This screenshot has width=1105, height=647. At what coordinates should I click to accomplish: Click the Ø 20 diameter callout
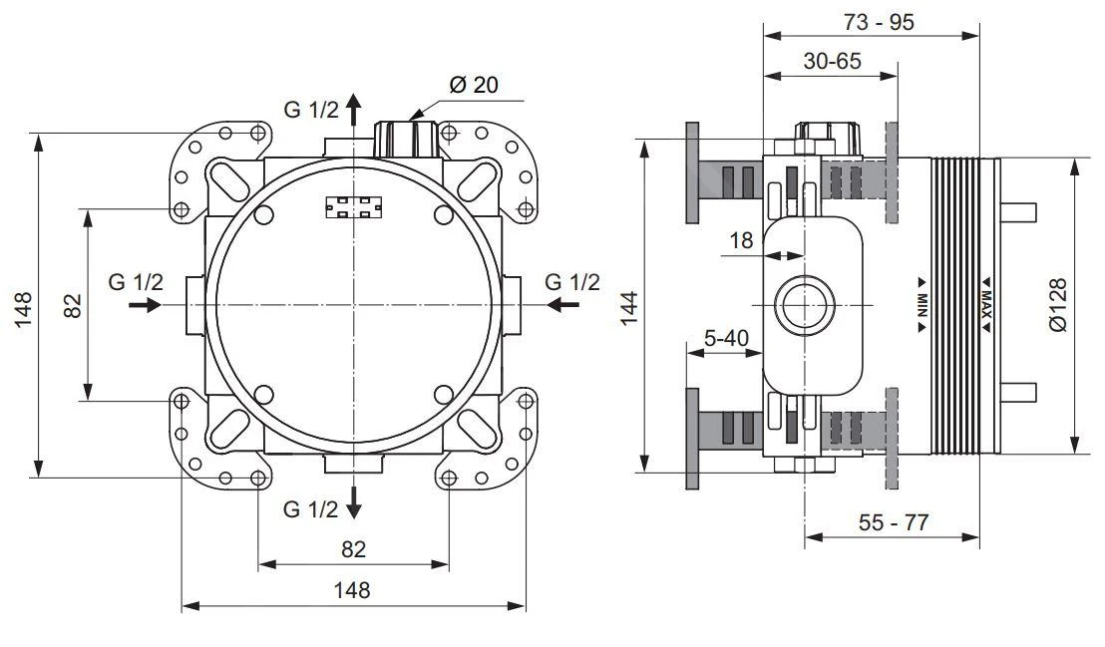point(474,85)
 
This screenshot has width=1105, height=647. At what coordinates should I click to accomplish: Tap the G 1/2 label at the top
point(311,110)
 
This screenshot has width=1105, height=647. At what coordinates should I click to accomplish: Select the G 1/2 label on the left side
point(136,282)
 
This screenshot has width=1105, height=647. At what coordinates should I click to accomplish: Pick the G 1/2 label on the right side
point(572,282)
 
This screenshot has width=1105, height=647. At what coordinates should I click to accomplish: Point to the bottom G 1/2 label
point(311,509)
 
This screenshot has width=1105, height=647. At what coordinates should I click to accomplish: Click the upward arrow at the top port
point(355,110)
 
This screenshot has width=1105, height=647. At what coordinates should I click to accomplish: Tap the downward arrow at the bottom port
point(355,505)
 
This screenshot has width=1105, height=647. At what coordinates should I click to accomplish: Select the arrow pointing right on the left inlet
point(145,304)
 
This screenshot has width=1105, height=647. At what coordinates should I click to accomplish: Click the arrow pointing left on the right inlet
point(563,304)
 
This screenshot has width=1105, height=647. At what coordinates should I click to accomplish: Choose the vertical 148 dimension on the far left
point(24,307)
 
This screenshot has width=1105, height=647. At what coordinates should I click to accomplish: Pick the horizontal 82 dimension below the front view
point(353,548)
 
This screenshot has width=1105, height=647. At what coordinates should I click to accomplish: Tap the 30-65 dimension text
point(832,61)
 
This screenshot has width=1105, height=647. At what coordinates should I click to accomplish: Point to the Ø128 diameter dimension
point(1058,305)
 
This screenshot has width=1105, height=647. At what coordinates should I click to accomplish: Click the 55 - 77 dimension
point(893,522)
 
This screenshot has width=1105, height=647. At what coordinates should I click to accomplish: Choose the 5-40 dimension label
point(726,338)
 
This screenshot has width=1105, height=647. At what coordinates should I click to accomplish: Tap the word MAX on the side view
point(984,302)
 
